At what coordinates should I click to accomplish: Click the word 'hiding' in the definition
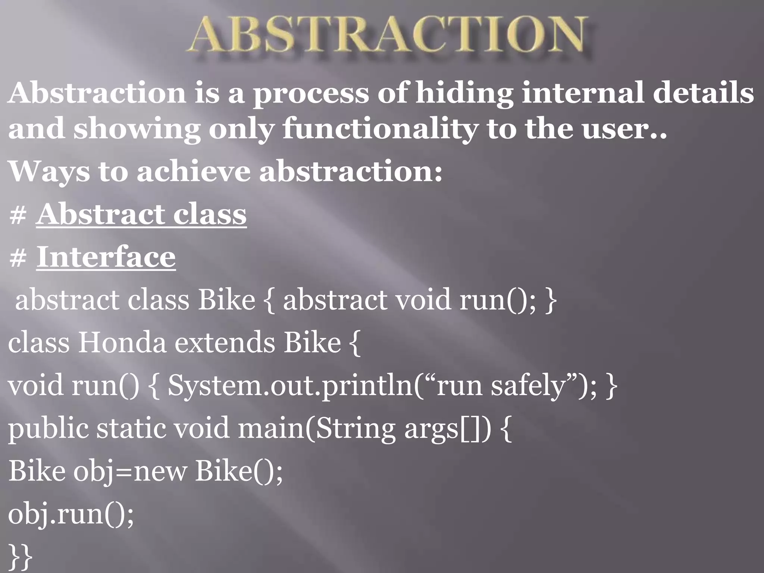[x=464, y=93]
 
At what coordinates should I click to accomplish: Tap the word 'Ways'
[x=48, y=172]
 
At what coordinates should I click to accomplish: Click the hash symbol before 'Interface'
[x=18, y=257]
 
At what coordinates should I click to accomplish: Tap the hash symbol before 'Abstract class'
[x=18, y=215]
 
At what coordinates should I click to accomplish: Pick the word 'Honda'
[x=122, y=342]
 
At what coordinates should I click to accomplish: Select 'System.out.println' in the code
[x=291, y=386]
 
